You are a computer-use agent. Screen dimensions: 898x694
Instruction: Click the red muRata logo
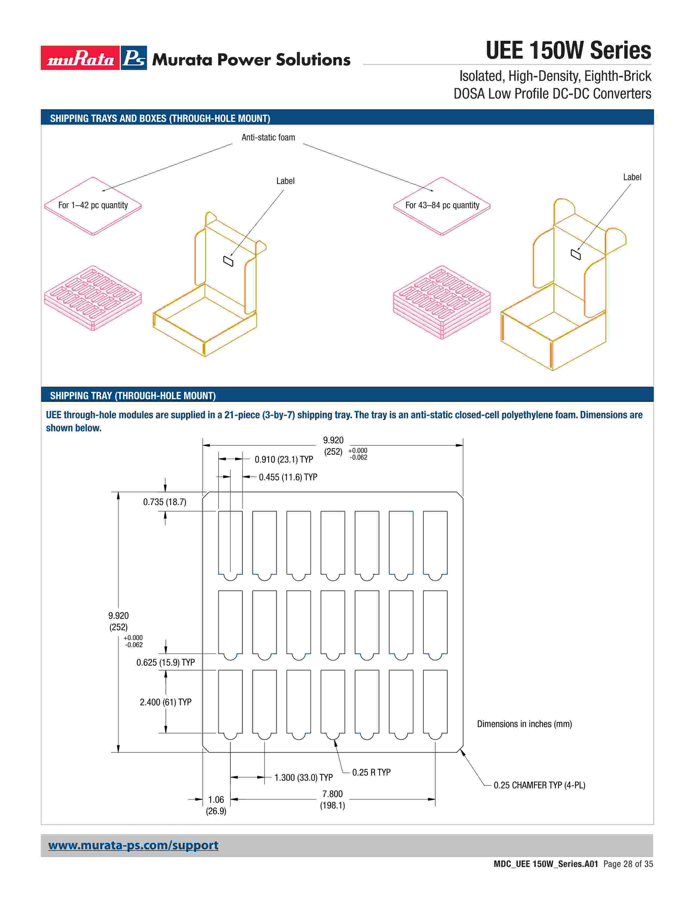point(80,58)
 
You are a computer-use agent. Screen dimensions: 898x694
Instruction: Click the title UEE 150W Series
point(568,51)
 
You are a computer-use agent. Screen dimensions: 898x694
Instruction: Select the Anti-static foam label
point(268,137)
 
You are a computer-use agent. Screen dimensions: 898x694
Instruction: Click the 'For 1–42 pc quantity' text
point(93,205)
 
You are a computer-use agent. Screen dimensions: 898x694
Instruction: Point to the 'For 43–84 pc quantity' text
point(442,205)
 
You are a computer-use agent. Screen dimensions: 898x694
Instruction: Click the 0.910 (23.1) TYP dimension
point(284,459)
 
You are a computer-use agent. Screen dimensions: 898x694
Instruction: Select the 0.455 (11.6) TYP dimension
point(288,477)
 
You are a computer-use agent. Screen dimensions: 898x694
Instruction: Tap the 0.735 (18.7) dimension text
point(164,502)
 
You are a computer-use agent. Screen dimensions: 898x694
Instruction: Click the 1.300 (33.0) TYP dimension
point(303,777)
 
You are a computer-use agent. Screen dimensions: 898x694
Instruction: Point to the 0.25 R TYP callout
point(371,772)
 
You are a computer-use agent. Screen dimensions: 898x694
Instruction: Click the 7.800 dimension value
point(332,794)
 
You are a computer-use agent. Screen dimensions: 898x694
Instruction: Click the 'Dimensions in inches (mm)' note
point(524,724)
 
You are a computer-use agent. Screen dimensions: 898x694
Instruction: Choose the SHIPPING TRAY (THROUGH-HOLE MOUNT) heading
point(133,396)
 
